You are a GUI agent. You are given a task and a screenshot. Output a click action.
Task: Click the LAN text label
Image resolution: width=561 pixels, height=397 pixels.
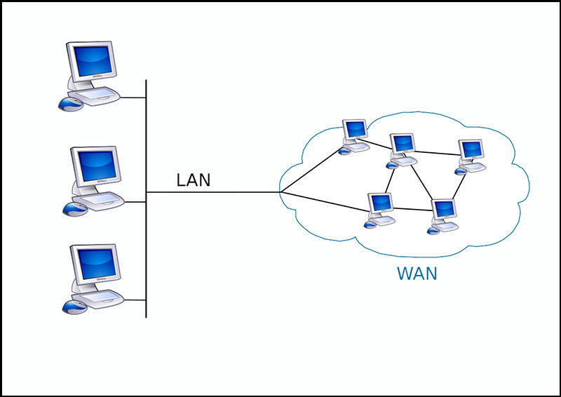[x=194, y=180]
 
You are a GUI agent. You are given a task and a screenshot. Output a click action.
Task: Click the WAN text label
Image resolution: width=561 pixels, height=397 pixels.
[x=417, y=274]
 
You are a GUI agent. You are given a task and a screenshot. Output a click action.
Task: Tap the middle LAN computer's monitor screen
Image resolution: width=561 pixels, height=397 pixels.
[x=97, y=166]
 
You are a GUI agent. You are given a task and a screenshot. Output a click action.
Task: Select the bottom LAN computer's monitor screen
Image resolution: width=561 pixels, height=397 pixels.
[x=97, y=264]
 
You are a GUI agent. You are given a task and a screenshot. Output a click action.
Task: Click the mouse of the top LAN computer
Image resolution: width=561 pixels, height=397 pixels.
[x=71, y=104]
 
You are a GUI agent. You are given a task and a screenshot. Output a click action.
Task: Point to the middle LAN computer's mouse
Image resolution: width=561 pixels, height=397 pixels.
[x=75, y=210]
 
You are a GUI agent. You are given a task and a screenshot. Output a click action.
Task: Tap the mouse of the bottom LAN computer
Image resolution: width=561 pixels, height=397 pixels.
[x=75, y=307]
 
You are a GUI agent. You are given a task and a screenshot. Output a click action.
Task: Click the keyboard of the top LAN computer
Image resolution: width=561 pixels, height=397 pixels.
[x=94, y=96]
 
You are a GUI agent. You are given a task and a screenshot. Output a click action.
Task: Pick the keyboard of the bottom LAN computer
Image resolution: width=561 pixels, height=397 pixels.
[x=97, y=300]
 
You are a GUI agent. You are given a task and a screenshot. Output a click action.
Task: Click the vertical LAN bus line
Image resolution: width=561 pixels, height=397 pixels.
[x=146, y=198]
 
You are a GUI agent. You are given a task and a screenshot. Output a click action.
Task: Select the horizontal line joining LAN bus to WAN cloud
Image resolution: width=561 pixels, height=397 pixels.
[x=213, y=192]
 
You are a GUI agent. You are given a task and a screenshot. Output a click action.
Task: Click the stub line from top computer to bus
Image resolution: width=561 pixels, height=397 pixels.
[x=133, y=97]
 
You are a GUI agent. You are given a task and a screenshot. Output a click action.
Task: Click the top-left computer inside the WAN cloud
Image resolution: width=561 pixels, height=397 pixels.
[x=354, y=137]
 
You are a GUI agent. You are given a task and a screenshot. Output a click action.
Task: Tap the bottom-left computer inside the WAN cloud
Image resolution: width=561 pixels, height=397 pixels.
[x=379, y=210]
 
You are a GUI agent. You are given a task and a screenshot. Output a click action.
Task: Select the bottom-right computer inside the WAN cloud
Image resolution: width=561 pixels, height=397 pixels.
[x=443, y=217]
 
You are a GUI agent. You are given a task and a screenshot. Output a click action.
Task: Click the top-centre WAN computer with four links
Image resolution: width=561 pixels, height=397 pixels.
[x=401, y=151]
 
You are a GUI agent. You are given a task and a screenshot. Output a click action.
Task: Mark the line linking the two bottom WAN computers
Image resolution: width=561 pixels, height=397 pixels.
[x=412, y=210]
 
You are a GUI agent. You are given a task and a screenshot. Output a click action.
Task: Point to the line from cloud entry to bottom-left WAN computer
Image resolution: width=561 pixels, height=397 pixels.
[x=325, y=202]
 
